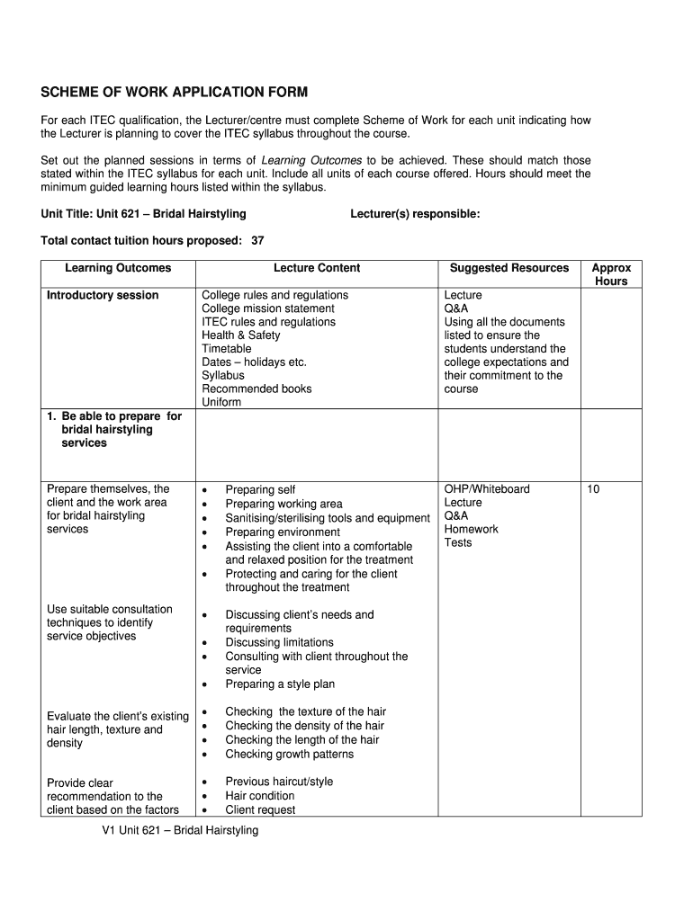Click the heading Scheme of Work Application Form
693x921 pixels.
[x=175, y=93]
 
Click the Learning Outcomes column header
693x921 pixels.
[x=118, y=268]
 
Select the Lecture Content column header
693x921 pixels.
[x=317, y=268]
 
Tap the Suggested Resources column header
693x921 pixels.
[x=509, y=268]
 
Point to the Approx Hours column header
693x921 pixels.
[x=611, y=274]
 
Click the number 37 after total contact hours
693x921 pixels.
[x=257, y=240]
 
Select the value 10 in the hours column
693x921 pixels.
[x=593, y=489]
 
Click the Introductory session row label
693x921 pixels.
[x=103, y=295]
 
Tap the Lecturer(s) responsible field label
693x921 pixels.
[x=415, y=214]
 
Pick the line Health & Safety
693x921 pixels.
[x=240, y=335]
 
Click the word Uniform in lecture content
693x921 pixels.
[x=221, y=402]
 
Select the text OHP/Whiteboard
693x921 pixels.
[x=487, y=489]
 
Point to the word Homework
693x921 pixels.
[x=471, y=529]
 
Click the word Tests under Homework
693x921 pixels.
[x=457, y=542]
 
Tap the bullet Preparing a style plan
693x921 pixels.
[x=280, y=684]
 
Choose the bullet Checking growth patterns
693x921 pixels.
[x=289, y=754]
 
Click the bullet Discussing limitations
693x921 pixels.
[x=279, y=642]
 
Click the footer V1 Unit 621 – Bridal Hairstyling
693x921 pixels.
[x=180, y=830]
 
